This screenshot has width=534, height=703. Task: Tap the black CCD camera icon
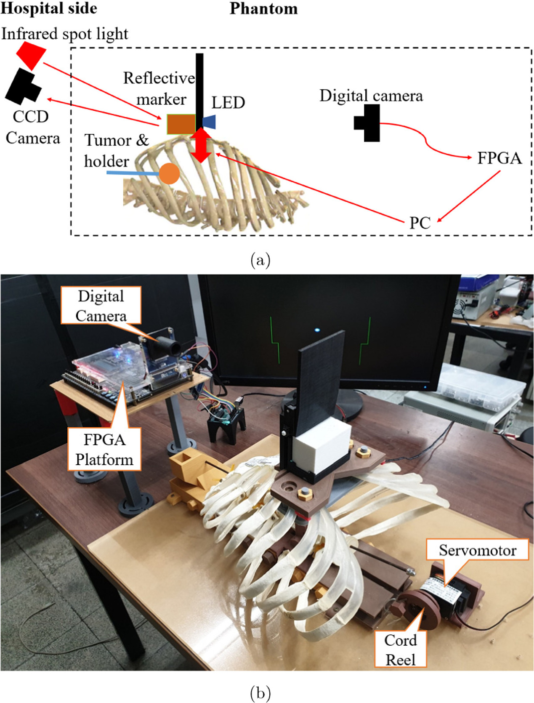coord(23,87)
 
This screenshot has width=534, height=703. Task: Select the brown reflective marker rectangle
coord(181,124)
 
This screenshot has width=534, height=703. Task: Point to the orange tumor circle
coord(169,173)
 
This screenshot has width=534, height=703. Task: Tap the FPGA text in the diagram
coord(499,158)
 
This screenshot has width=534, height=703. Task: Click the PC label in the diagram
coord(420,223)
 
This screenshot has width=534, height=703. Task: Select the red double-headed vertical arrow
coord(202,145)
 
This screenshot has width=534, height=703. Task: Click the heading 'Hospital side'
coord(49,8)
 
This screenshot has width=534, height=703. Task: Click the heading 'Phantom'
coord(263,8)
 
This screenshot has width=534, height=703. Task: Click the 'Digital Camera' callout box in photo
coord(101,306)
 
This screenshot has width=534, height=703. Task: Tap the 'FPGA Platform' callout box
coord(104,449)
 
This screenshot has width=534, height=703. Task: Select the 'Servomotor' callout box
coord(477,550)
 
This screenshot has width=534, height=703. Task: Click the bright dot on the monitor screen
coord(316,330)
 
